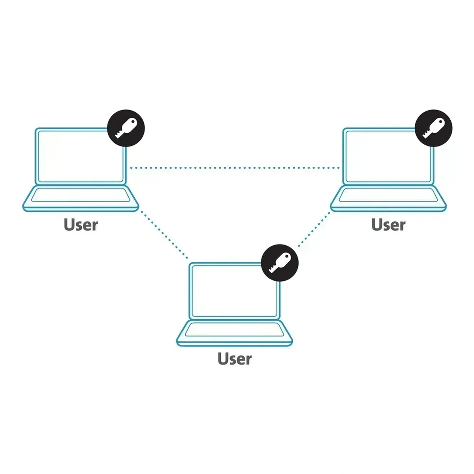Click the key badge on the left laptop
coord(126,128)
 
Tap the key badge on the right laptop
coord(433,128)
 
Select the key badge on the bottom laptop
coord(280,263)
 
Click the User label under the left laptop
coord(81,225)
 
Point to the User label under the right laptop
coord(388,225)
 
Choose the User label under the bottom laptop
coord(235,359)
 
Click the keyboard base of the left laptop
coord(81,199)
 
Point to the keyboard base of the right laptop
coord(388,199)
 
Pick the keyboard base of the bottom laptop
coord(234,333)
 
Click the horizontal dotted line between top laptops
coord(235,168)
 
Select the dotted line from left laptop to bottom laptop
coord(164,235)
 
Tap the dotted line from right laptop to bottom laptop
coord(314,229)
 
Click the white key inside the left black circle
coord(126,128)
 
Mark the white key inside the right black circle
coord(433,128)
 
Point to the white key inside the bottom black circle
coord(279,263)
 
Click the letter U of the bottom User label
coord(223,359)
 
